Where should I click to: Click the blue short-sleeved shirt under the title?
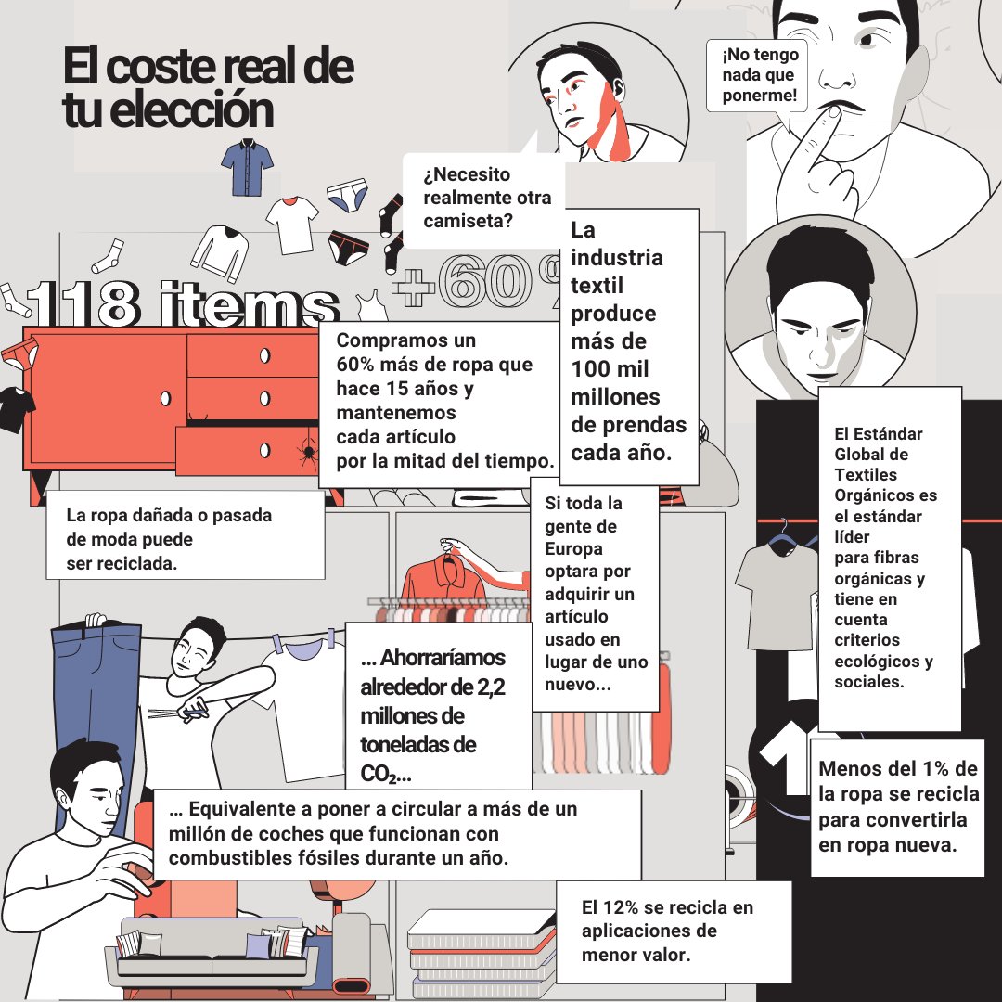(248, 167)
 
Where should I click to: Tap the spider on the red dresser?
(309, 452)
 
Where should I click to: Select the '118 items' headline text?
(182, 303)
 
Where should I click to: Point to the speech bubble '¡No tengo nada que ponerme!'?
(758, 75)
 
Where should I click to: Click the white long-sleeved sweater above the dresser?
(220, 252)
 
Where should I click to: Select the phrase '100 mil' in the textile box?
(610, 368)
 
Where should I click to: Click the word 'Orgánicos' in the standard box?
(886, 495)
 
